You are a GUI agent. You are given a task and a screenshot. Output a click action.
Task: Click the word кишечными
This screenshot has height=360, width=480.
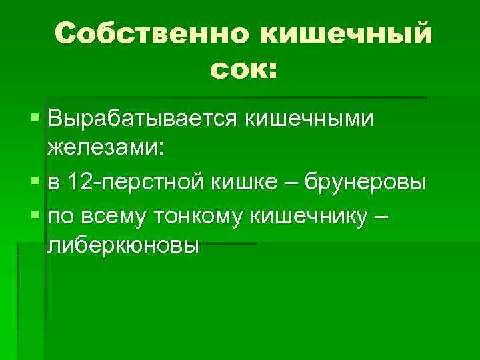pos(308,119)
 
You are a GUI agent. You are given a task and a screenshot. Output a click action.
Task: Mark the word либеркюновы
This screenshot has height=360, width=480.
pos(123,245)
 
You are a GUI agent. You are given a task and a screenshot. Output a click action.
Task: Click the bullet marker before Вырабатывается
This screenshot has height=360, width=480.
pos(35,119)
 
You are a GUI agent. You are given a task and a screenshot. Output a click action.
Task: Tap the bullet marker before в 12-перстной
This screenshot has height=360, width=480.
pos(35,181)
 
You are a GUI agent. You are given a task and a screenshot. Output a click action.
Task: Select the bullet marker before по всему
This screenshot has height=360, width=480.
pos(35,215)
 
